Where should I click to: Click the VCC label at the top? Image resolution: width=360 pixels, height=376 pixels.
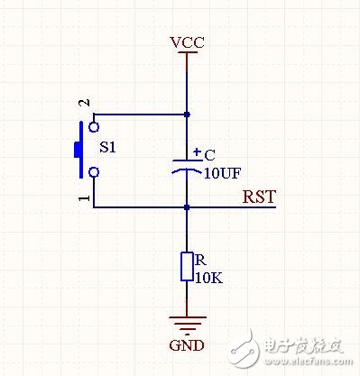187,42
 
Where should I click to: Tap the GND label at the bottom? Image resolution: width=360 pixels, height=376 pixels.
187,345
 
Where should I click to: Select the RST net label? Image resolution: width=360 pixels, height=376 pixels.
259,197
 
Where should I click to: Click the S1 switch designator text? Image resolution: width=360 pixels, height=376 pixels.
107,146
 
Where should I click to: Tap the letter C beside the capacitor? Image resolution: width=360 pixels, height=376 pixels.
209,154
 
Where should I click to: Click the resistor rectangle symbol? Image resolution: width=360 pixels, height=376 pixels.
187,267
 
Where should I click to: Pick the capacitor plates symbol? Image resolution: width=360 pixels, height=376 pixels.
187,167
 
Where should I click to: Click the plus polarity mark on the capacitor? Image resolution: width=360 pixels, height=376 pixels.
197,151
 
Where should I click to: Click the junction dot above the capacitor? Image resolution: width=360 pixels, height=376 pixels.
187,115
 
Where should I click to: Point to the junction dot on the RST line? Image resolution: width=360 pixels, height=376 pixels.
187,207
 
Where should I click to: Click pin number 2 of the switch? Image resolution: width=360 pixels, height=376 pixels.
85,105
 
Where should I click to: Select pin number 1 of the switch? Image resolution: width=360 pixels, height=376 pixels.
85,197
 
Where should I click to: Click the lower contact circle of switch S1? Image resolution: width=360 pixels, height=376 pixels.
93,171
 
